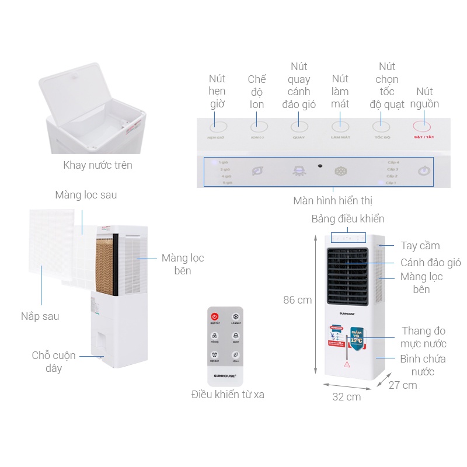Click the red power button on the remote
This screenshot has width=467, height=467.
(215, 316)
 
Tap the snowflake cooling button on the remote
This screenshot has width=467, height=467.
(235, 316)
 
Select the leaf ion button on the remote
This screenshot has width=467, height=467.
(235, 356)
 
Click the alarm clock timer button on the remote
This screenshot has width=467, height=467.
(215, 356)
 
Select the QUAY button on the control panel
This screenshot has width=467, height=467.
(299, 126)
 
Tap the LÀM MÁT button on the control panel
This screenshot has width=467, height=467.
(340, 126)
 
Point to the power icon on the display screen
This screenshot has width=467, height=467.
(424, 172)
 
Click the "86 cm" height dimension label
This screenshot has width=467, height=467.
(297, 300)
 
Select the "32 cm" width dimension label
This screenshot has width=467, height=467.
(346, 397)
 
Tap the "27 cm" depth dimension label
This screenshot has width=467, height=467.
(403, 385)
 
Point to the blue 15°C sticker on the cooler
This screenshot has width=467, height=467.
(357, 337)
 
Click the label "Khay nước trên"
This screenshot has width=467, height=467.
(97, 165)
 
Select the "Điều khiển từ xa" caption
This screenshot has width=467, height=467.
(228, 395)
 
